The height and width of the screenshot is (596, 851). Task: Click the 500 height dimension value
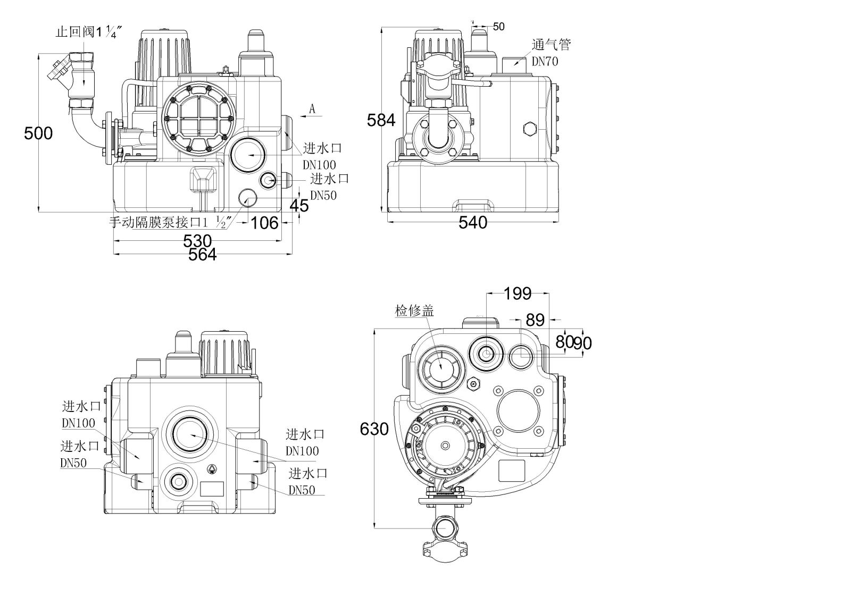[x=38, y=133]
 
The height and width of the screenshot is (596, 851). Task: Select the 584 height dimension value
[x=381, y=121]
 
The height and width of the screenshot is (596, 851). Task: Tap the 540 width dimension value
[x=473, y=222]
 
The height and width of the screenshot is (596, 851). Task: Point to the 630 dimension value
[x=374, y=429]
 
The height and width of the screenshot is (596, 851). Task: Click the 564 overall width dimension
[x=203, y=255]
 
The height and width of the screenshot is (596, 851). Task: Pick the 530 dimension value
[x=197, y=241]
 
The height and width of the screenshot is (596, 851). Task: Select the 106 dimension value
[x=264, y=222]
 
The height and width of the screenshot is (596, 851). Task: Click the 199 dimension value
[x=518, y=293]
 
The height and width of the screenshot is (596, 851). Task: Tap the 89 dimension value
[x=535, y=320]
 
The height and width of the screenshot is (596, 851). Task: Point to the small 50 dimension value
[x=498, y=27]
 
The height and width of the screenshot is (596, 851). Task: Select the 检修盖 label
[x=414, y=310]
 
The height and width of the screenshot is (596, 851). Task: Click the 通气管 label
[x=551, y=45]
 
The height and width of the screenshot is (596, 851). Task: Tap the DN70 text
[x=545, y=61]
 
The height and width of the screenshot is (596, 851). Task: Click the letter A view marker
[x=313, y=108]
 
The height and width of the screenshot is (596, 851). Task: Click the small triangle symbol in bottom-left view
[x=212, y=469]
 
